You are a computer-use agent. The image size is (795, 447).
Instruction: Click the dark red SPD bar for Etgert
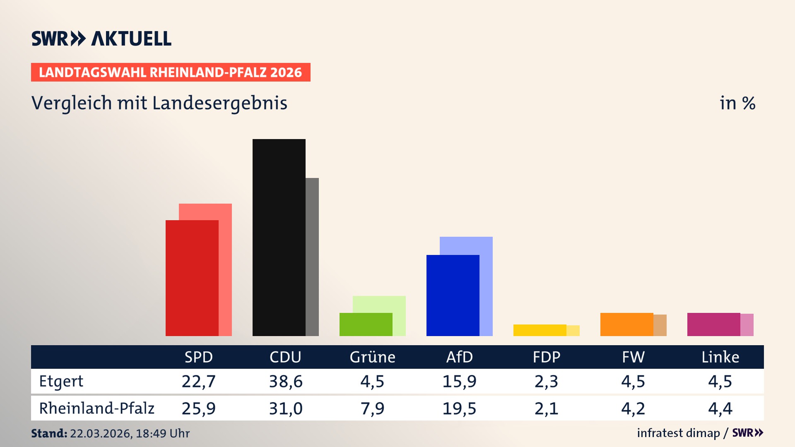tap(192, 278)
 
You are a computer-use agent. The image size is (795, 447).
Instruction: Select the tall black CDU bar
tap(279, 238)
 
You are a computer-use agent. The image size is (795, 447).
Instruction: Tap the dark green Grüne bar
tap(366, 324)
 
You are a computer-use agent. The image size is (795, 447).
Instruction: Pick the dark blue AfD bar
tap(453, 296)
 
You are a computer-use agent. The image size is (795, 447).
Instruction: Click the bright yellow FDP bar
tap(540, 330)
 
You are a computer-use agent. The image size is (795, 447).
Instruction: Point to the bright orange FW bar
tap(626, 324)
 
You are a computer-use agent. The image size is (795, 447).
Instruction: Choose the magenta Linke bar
tap(713, 324)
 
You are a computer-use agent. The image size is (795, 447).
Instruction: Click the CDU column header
tap(285, 357)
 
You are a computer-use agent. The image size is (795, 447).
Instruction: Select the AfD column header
tap(459, 357)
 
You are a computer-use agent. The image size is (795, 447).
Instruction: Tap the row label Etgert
tap(61, 381)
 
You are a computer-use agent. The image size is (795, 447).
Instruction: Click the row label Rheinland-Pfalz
tap(96, 409)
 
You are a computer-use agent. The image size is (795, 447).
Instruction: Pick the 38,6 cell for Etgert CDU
tap(286, 381)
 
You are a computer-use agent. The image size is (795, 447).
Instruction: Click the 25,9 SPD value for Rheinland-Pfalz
tap(199, 409)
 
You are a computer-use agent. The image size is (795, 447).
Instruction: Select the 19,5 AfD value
tap(459, 409)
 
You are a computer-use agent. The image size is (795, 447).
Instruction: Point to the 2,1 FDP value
tap(546, 409)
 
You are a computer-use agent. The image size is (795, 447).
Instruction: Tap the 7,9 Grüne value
tap(372, 409)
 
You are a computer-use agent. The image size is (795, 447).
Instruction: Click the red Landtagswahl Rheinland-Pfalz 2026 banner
tap(171, 72)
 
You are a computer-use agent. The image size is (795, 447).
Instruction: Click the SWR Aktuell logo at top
tap(101, 38)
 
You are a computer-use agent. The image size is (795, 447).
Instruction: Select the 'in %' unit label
tap(737, 103)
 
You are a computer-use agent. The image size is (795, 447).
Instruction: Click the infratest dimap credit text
tap(678, 433)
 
